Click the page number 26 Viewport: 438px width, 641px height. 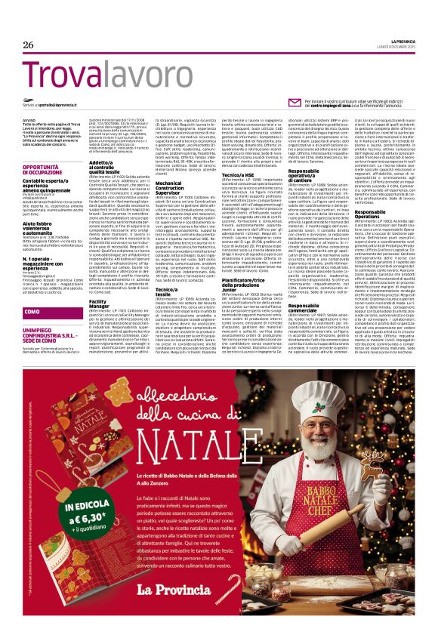coord(29,45)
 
